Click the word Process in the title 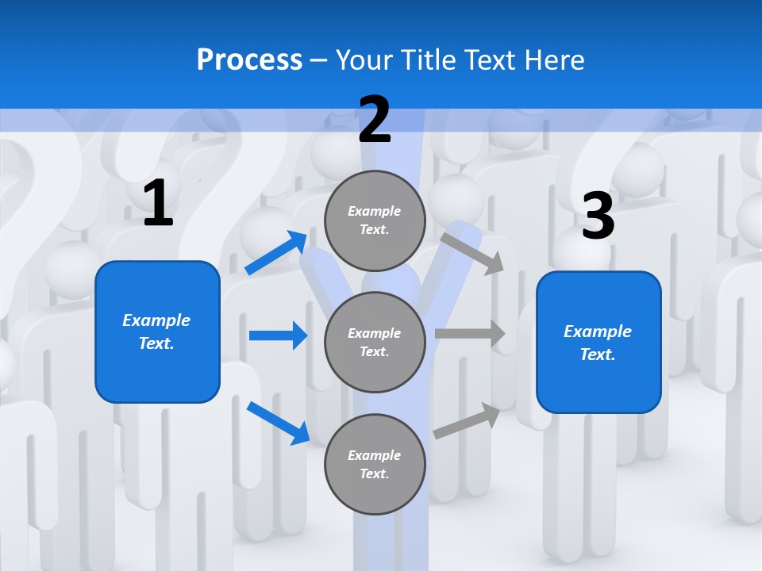click(249, 60)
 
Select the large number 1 click(158, 204)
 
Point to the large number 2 click(375, 120)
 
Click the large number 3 click(598, 216)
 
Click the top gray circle click(375, 220)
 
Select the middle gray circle click(375, 342)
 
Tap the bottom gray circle click(375, 464)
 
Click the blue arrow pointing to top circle click(276, 253)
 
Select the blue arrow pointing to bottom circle click(278, 423)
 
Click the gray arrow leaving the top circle click(472, 253)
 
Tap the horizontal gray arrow click(470, 334)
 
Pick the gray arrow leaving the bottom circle click(468, 420)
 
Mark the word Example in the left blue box click(156, 320)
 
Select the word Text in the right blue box click(596, 354)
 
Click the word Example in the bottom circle click(374, 455)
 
